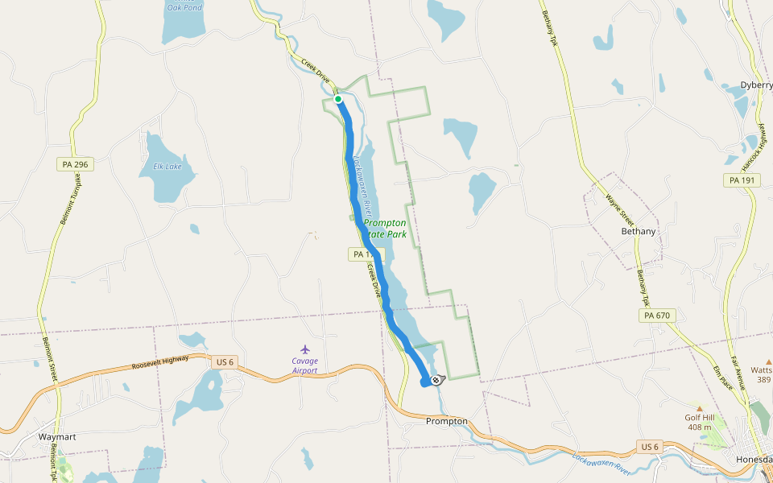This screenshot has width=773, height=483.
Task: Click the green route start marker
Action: [x=339, y=99]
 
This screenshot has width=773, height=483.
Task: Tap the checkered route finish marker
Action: [x=436, y=379]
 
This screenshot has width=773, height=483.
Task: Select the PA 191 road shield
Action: [x=742, y=180]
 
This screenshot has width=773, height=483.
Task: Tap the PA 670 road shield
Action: [x=657, y=316]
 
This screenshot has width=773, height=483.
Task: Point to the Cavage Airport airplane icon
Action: [x=304, y=349]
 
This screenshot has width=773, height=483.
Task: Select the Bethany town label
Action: [x=639, y=231]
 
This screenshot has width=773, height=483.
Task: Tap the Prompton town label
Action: [x=446, y=421]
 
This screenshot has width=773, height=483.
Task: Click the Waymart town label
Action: [x=57, y=437]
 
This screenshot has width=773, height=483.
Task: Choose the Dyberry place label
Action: [x=756, y=85]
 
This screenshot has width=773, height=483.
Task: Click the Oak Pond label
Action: [x=184, y=7]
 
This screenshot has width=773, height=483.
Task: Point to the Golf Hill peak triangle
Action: [x=699, y=408]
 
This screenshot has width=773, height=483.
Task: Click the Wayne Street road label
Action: [x=620, y=210]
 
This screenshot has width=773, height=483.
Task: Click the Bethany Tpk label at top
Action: [x=549, y=28]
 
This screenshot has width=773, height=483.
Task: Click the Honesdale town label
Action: [x=754, y=460]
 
